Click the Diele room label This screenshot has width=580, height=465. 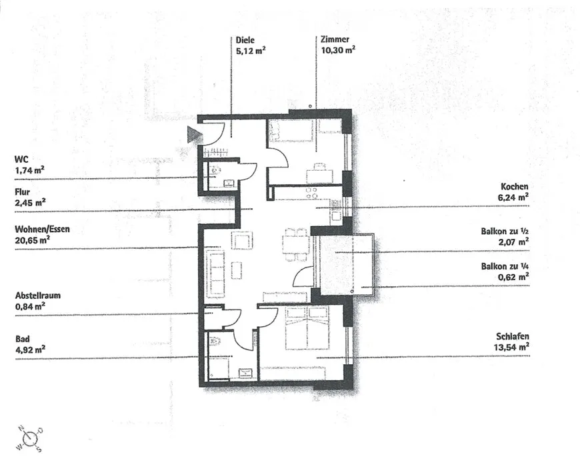coord(245,40)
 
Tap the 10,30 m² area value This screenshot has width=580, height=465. coord(338,50)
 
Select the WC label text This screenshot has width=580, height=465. coord(21,159)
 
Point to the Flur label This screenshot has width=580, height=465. coord(22,191)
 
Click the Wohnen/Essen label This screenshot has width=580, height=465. coord(42,229)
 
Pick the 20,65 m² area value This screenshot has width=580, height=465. coord(33,240)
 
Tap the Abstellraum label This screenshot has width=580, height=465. coord(38,296)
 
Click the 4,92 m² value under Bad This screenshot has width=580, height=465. coord(30,349)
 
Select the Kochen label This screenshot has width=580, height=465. coord(515,187)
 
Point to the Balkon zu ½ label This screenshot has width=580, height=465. coord(505,231)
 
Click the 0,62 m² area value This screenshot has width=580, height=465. coord(513,277)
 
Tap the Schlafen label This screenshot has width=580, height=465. coord(513,336)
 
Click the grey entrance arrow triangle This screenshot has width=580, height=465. coord(195,134)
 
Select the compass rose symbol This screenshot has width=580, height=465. coord(29,439)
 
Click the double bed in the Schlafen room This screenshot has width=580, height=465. coord(307,328)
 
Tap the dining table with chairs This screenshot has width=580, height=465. coord(296,245)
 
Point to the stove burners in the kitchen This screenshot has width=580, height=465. coord(311,193)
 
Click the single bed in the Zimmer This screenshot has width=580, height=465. coord(291,131)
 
